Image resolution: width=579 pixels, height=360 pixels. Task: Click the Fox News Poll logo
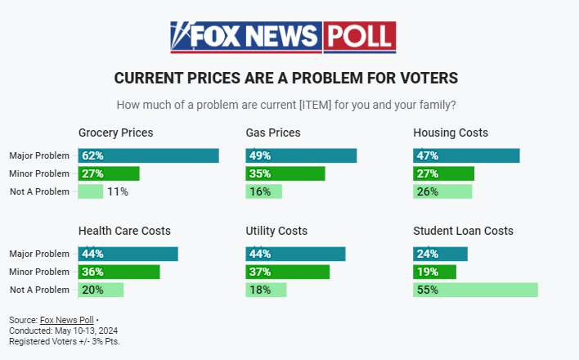pyautogui.click(x=283, y=37)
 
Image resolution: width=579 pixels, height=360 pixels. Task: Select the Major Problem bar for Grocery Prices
pyautogui.click(x=148, y=155)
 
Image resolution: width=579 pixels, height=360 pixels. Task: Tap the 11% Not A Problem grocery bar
pyautogui.click(x=91, y=191)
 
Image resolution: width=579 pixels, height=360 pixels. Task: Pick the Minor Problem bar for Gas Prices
pyautogui.click(x=285, y=173)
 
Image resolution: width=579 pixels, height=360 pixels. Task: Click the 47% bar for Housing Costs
pyautogui.click(x=466, y=155)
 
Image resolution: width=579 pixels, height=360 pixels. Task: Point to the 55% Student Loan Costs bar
pyautogui.click(x=475, y=290)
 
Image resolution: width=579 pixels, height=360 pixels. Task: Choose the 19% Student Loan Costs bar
pyautogui.click(x=434, y=272)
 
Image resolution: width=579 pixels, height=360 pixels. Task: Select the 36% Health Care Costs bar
pyautogui.click(x=119, y=272)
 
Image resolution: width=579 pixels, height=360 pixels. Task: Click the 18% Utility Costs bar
pyautogui.click(x=266, y=290)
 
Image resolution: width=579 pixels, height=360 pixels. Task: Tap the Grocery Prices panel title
pyautogui.click(x=115, y=133)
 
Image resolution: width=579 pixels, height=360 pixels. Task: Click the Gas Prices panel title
pyautogui.click(x=273, y=133)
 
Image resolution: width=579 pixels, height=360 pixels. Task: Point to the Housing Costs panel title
pyautogui.click(x=451, y=133)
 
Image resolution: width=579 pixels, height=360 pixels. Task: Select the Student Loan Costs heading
pyautogui.click(x=463, y=231)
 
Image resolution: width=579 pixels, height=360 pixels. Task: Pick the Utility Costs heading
pyautogui.click(x=278, y=231)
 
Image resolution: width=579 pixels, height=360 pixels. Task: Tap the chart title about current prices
pyautogui.click(x=285, y=79)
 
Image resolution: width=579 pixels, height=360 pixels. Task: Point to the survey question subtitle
pyautogui.click(x=286, y=105)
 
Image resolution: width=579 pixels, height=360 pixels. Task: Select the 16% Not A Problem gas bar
pyautogui.click(x=263, y=191)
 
